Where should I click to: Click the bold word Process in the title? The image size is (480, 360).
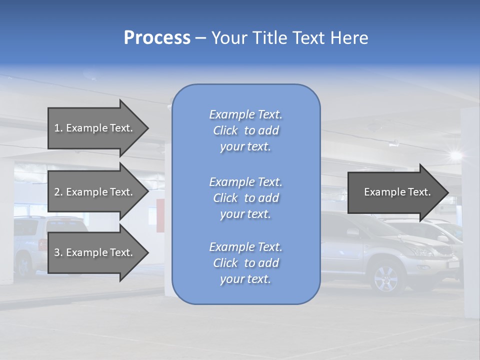click(x=157, y=38)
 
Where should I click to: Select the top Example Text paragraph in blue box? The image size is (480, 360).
click(x=245, y=130)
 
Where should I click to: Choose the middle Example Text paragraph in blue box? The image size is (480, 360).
click(x=245, y=198)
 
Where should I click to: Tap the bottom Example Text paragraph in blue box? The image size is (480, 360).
click(x=245, y=263)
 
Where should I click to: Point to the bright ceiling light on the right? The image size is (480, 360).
click(x=455, y=154)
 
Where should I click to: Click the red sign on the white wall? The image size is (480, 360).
click(x=160, y=216)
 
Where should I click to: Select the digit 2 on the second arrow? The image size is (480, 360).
click(x=56, y=192)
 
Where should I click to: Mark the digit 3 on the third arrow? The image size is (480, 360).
click(x=56, y=252)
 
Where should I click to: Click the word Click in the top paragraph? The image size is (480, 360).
click(x=225, y=130)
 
